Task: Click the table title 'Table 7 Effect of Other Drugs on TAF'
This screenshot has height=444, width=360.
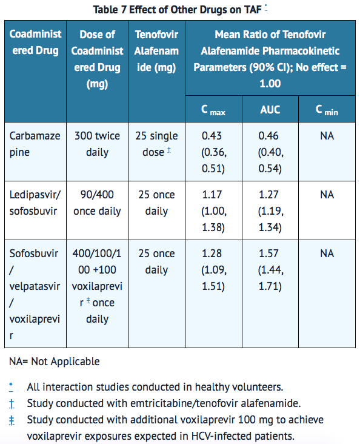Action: [177, 10]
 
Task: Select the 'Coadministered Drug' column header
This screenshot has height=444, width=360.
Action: [35, 42]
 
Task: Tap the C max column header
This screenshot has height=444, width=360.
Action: [213, 110]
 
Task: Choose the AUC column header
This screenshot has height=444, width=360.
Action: [270, 110]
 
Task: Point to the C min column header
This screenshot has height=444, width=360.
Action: [327, 110]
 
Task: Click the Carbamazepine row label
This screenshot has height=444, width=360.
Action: [35, 144]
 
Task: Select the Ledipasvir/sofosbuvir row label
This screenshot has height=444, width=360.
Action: [35, 203]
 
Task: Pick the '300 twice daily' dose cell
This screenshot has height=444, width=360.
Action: [97, 144]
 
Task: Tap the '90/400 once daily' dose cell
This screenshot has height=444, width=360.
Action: [97, 203]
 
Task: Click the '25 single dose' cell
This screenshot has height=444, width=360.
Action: [156, 144]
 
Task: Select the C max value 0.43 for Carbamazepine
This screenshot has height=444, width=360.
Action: [212, 136]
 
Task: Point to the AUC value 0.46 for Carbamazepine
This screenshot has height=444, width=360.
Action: [268, 136]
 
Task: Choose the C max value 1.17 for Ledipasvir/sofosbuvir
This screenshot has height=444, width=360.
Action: [212, 195]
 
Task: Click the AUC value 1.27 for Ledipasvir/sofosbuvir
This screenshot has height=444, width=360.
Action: [268, 195]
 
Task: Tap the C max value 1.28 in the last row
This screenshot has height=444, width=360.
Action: [212, 254]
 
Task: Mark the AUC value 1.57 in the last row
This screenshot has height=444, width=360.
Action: [268, 254]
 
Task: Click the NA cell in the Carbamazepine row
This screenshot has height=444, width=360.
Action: [327, 136]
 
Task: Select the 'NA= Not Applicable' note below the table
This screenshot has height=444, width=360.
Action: [55, 362]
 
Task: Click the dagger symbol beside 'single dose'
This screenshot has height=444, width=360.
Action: [168, 150]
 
